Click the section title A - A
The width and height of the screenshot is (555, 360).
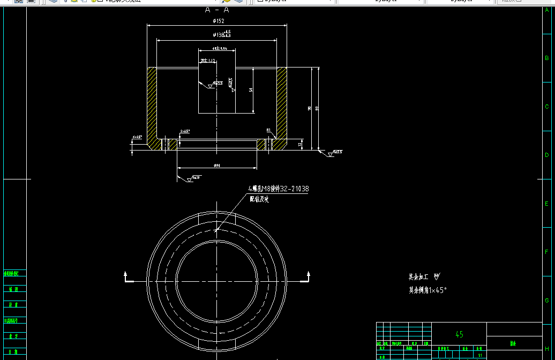[217, 10]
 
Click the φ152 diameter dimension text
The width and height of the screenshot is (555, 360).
[218, 21]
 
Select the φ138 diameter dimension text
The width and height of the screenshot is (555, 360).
[219, 35]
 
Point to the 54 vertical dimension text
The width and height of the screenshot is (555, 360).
[251, 90]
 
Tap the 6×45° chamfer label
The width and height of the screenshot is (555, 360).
[137, 137]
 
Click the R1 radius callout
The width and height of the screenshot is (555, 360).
[268, 130]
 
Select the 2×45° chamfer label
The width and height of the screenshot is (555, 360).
[185, 131]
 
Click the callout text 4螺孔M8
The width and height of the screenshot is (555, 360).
[278, 189]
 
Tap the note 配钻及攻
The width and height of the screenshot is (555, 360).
[259, 199]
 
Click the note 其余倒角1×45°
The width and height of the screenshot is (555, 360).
[427, 290]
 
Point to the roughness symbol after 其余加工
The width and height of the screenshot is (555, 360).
[437, 277]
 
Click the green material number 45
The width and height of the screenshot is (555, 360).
[459, 334]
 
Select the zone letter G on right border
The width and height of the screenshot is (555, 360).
[546, 301]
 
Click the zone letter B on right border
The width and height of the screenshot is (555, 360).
[546, 58]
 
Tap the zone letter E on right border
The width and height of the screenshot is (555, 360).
[546, 204]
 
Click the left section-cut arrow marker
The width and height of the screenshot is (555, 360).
[127, 277]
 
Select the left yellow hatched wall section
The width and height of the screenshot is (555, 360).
[152, 102]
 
